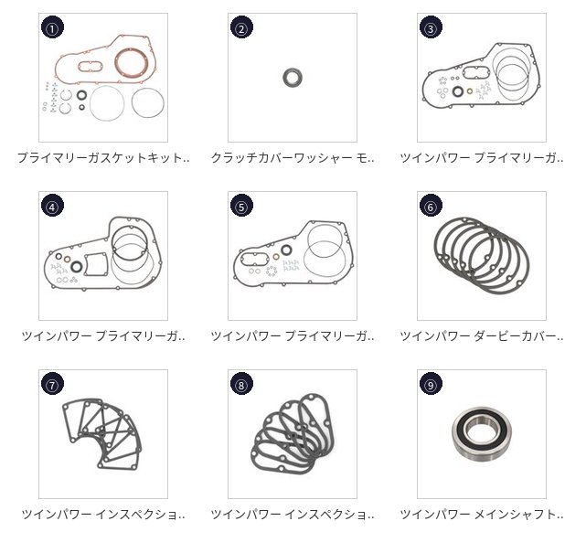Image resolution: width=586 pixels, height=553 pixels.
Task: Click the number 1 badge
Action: point(52,28)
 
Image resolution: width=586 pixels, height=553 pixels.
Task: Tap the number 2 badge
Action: point(241,28)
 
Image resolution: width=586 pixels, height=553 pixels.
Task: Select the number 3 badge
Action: point(431,28)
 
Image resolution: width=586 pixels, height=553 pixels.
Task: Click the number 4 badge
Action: point(52,207)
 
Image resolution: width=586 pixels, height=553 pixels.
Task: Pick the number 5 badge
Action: point(241,207)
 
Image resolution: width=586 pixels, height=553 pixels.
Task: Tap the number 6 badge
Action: point(431,207)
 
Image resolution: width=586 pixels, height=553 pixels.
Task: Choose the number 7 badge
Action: point(52,385)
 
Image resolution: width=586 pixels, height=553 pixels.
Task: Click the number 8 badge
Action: point(241,385)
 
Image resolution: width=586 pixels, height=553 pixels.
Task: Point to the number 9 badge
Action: point(431,385)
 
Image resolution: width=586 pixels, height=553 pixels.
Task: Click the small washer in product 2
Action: point(293,78)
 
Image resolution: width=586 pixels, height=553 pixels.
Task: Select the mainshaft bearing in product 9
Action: point(482,434)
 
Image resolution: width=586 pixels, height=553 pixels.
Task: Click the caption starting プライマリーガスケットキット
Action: point(103,157)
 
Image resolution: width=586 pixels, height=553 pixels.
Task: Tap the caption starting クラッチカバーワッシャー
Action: point(293,157)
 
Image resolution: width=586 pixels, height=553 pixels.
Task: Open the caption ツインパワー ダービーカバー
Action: point(482,335)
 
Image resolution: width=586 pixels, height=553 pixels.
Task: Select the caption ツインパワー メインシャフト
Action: point(482,514)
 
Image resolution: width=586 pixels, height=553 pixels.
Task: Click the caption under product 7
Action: point(103,514)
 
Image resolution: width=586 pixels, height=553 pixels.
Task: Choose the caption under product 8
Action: point(293,514)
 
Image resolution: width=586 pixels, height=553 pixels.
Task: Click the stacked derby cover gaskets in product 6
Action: point(482,256)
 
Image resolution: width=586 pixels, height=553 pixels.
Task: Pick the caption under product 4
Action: point(103,335)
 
